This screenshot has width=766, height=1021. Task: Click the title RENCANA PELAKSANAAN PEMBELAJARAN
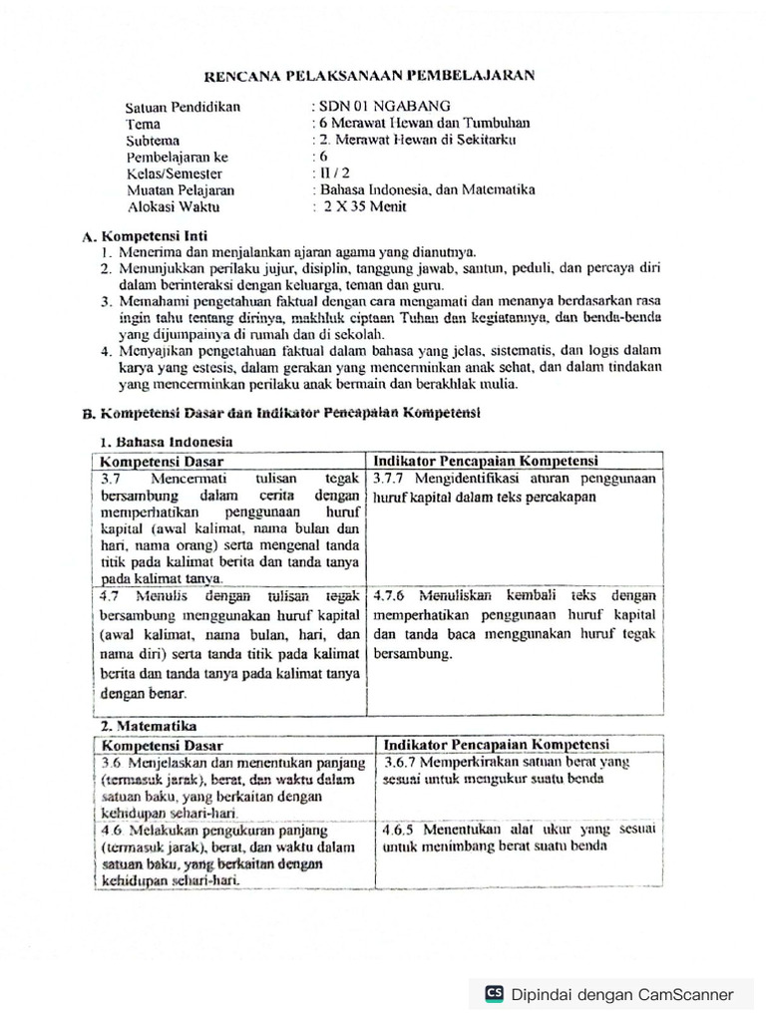(369, 75)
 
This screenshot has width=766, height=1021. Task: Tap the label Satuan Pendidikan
(184, 107)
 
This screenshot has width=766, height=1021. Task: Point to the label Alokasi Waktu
(175, 207)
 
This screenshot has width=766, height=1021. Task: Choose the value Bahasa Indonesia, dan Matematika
(427, 189)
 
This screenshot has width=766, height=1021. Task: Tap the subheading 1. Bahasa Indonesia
(166, 441)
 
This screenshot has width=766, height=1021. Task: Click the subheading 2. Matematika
(149, 727)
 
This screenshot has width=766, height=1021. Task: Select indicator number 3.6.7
(403, 763)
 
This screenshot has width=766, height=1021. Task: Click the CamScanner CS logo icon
(493, 993)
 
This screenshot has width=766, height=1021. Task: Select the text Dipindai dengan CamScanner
(621, 994)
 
